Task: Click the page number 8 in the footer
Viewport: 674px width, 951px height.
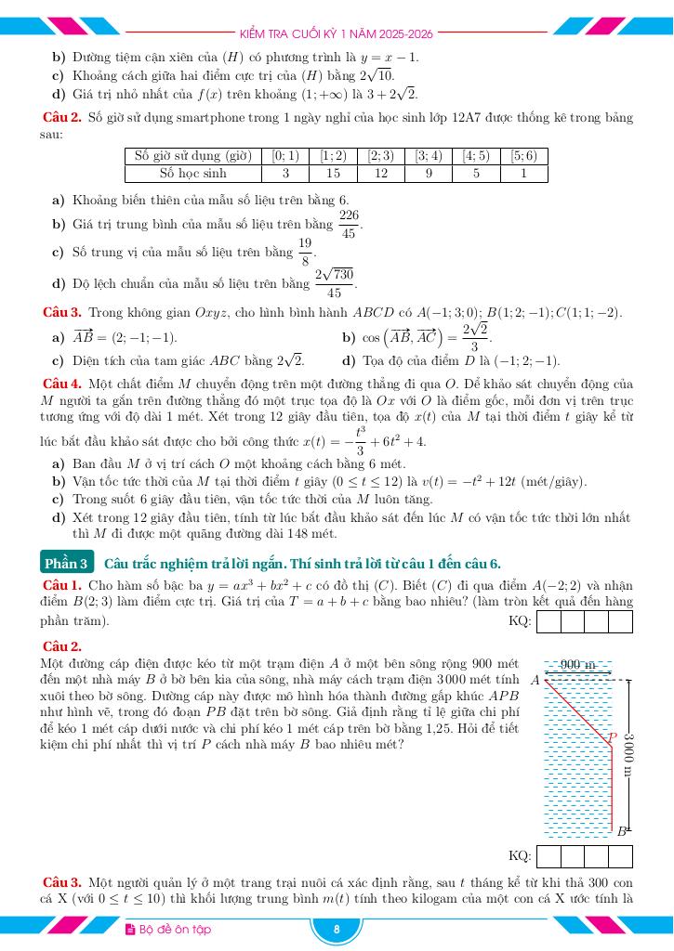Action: point(337,930)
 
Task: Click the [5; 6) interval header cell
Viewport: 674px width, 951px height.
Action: point(524,156)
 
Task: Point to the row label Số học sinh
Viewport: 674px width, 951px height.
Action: point(192,173)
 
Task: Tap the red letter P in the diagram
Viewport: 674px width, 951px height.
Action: point(612,738)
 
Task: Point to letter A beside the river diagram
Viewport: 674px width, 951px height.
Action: point(535,680)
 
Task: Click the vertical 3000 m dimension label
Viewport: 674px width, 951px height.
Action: point(629,754)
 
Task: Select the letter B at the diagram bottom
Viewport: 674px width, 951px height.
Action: point(622,832)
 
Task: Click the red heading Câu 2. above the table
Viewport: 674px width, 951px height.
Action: point(62,118)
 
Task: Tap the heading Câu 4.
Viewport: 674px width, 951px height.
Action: point(62,384)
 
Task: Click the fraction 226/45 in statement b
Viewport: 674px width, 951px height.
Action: point(349,224)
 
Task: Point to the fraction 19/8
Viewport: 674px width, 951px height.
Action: point(305,252)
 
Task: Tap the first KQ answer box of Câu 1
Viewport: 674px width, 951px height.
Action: point(548,621)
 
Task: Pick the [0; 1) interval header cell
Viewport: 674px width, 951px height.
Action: point(284,156)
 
